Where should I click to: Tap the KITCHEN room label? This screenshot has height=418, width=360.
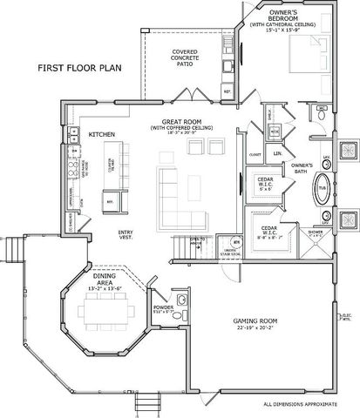click(103, 134)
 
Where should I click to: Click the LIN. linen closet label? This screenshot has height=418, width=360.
click(277, 154)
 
